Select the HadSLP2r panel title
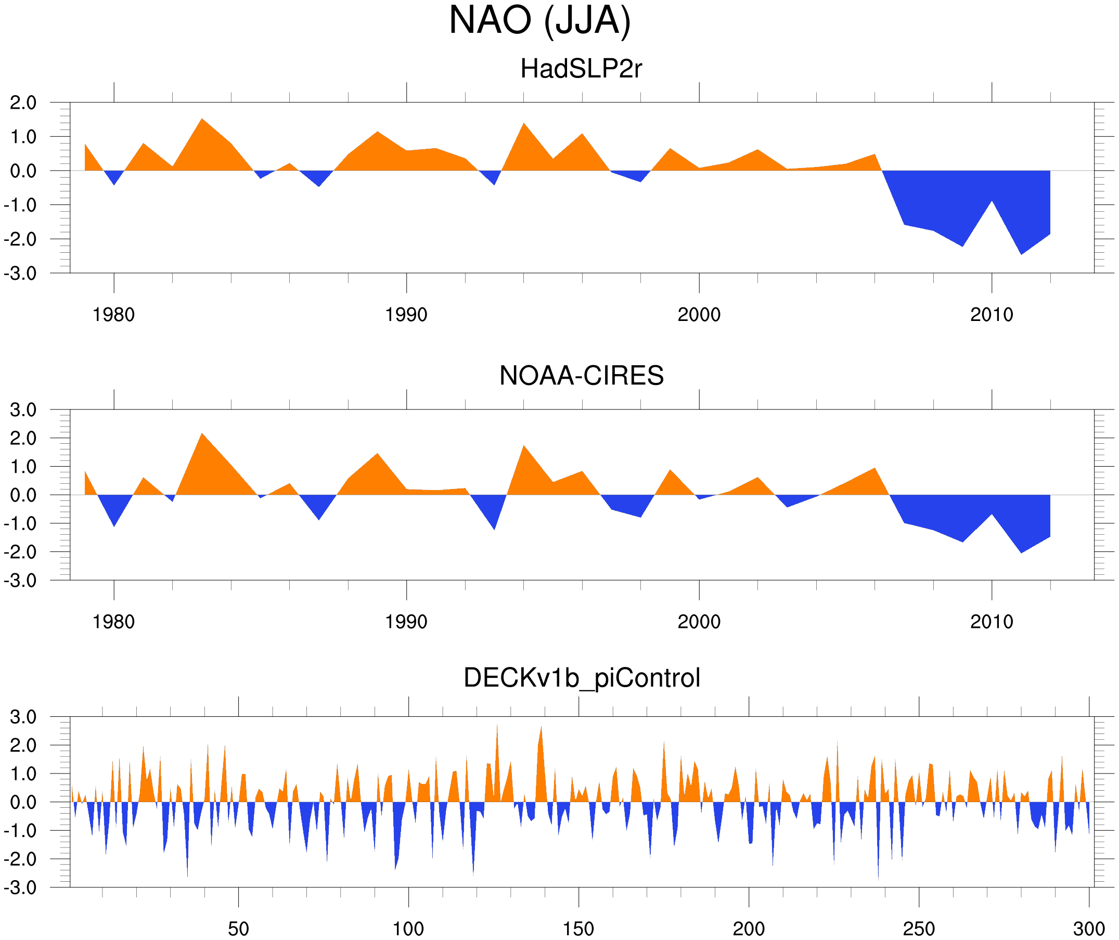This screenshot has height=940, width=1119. coord(581,69)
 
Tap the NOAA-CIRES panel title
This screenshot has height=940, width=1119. coord(581,376)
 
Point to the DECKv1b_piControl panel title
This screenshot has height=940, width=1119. coord(581,678)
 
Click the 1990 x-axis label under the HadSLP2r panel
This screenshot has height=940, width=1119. coord(406,315)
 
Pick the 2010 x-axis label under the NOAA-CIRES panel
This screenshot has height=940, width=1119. coord(991,622)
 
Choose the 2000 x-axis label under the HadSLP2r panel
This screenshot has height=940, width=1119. coord(699,315)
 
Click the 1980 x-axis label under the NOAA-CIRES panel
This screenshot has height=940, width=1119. coord(113,622)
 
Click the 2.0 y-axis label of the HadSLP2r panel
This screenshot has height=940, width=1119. coord(23,103)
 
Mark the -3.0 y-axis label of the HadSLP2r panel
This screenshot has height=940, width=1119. coord(20,274)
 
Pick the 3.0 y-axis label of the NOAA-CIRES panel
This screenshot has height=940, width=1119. coord(23,410)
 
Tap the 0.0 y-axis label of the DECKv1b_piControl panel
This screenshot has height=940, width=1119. coord(23,803)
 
